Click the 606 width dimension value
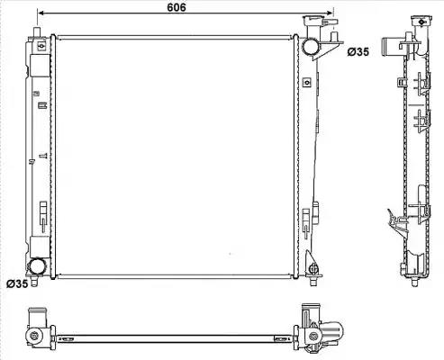pyautogui.click(x=177, y=7)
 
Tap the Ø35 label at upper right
pyautogui.click(x=358, y=52)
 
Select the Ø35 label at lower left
pyautogui.click(x=17, y=283)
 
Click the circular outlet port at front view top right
pyautogui.click(x=311, y=47)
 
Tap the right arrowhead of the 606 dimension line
pyautogui.click(x=330, y=13)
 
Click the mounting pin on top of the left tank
pyautogui.click(x=37, y=31)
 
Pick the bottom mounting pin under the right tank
pyautogui.click(x=313, y=282)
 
